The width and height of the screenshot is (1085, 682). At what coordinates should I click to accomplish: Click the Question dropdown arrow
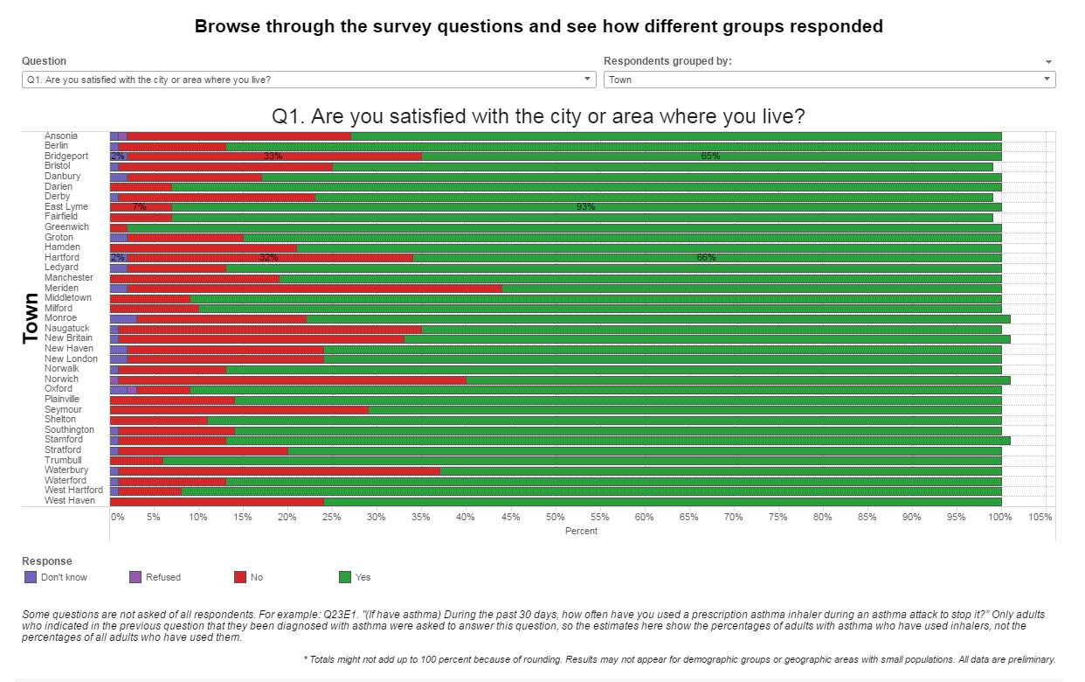point(588,80)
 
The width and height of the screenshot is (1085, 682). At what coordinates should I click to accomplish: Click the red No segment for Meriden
point(314,288)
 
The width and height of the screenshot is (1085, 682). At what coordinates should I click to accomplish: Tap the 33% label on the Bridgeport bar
point(273,156)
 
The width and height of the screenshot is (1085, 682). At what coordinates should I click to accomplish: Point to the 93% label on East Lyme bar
point(585,206)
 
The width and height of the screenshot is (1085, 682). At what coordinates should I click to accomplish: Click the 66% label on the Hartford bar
point(706,257)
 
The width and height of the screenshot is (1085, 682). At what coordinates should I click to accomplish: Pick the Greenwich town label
point(66,226)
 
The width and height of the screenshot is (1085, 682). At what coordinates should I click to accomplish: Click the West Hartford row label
point(73,491)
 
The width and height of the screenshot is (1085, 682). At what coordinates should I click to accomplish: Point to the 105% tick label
point(1040,517)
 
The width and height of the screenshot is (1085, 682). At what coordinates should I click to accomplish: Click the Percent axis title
point(581,531)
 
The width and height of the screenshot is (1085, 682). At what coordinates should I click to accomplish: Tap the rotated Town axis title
point(31,318)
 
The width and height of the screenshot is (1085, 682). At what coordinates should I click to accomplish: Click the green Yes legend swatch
point(345,577)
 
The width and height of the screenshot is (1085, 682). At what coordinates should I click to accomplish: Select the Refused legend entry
point(162,577)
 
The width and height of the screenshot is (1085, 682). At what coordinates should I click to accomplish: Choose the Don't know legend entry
point(64,577)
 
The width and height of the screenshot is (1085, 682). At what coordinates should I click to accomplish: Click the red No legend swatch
point(240,577)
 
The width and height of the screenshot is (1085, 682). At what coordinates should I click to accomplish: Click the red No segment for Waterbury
point(279,470)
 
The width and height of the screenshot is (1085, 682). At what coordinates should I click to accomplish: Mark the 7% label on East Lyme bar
point(139,206)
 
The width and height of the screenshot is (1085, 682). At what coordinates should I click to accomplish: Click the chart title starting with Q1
point(538,116)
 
